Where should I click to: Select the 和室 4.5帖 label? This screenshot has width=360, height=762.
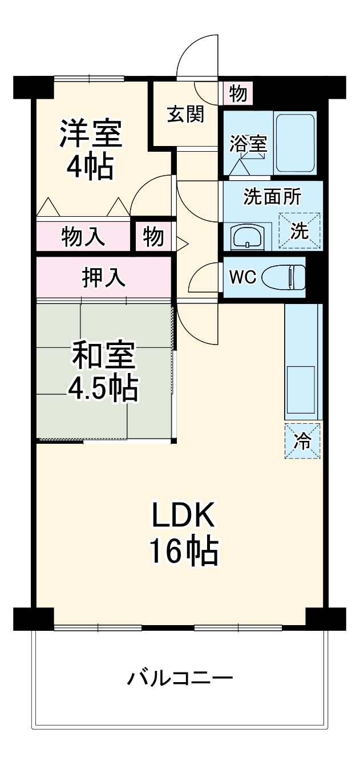tap(103, 372)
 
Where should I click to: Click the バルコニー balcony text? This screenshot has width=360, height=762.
tap(180, 679)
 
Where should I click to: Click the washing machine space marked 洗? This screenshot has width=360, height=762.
tap(299, 231)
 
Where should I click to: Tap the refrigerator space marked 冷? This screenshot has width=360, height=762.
tap(302, 441)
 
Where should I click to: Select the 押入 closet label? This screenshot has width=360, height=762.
tap(103, 278)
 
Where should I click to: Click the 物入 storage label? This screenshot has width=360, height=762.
tap(83, 236)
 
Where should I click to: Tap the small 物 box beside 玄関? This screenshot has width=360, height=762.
tap(238, 93)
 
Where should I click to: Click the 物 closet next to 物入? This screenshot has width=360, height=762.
tap(153, 236)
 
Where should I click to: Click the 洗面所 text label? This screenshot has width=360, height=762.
tap(272, 197)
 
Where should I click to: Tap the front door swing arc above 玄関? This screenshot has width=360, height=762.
tap(197, 57)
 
